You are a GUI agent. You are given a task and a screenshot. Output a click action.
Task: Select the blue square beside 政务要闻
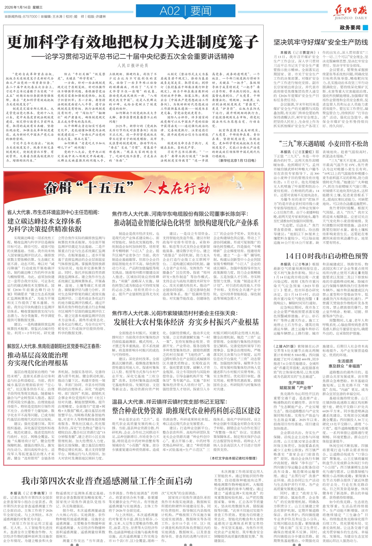pyautogui.click(x=365, y=28)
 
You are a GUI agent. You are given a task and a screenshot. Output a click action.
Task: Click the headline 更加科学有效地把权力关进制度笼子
pyautogui.click(x=133, y=42)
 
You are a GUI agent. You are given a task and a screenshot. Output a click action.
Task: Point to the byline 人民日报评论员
pyautogui.click(x=133, y=66)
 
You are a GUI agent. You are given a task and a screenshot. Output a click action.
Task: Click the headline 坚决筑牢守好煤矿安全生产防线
pyautogui.click(x=321, y=42)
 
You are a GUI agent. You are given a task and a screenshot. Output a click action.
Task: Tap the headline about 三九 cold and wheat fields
pyautogui.click(x=323, y=143)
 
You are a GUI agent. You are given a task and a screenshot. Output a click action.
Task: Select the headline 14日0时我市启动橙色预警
pyautogui.click(x=326, y=256)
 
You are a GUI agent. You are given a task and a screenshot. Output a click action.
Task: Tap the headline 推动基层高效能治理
pyautogui.click(x=37, y=355)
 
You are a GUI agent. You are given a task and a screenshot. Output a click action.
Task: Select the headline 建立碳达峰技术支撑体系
pyautogui.click(x=44, y=221)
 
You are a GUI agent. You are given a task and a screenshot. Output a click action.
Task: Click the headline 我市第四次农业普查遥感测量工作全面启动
pyautogui.click(x=107, y=481)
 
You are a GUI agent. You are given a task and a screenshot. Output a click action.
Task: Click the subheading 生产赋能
pyautogui.click(x=296, y=383)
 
